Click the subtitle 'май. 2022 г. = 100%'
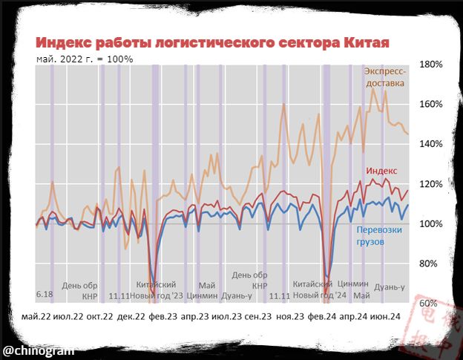click(85, 59)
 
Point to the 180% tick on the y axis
click(431, 65)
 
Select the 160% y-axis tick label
click(431, 105)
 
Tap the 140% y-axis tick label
click(431, 144)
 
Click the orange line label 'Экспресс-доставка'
click(385, 77)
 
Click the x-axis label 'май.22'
click(37, 317)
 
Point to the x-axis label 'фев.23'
click(163, 317)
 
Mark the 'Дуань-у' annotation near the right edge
click(390, 287)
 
